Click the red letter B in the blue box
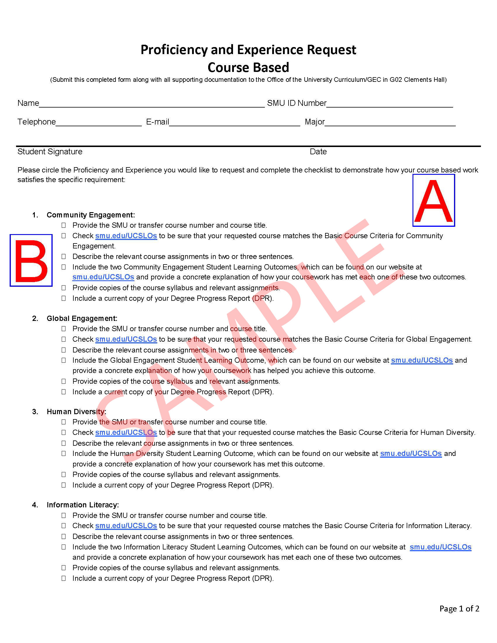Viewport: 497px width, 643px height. tap(31, 260)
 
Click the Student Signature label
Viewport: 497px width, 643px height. tap(50, 152)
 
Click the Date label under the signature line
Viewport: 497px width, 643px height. tap(318, 152)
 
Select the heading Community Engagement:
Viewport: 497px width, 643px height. tap(91, 215)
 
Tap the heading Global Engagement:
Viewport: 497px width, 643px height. tap(82, 318)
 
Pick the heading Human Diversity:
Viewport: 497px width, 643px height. tap(76, 412)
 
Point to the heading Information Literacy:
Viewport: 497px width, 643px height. tap(83, 505)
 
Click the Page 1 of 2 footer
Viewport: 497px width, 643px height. tap(459, 609)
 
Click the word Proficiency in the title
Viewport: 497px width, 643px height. tap(174, 50)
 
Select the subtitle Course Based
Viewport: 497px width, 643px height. tap(248, 68)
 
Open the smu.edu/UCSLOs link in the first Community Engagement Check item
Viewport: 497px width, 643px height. tap(126, 236)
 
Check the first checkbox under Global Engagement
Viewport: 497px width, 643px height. tap(64, 329)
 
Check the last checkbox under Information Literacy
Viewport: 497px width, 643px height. tap(64, 578)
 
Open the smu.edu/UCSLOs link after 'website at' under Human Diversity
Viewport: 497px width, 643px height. tap(411, 454)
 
